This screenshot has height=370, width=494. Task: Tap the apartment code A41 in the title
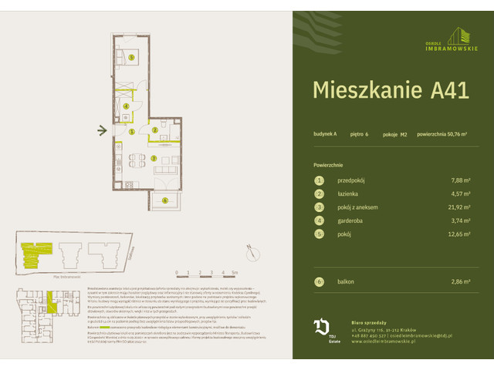446,90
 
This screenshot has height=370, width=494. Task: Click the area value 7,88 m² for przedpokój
460,180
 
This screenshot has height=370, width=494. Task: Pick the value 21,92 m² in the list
458,208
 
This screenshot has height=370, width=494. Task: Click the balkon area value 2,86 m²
460,282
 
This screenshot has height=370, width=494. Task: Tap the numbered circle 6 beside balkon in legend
318,282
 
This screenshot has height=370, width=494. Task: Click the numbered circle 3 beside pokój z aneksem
318,208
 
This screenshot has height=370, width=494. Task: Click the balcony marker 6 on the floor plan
165,200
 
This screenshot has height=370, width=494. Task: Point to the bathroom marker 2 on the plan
154,131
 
